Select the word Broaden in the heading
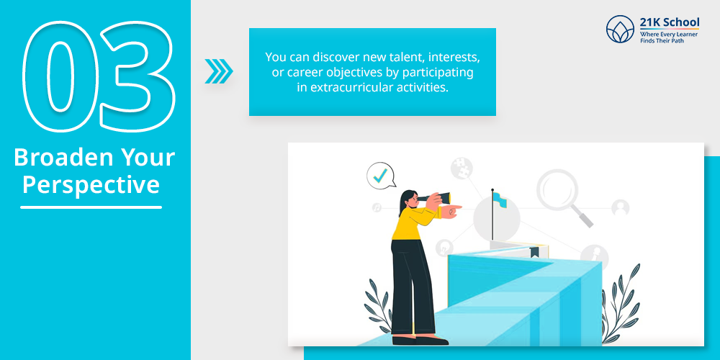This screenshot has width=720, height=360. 57,158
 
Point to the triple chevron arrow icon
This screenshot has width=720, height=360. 219,71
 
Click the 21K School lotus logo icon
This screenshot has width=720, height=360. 620,29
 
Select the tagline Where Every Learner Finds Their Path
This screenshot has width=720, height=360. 670,37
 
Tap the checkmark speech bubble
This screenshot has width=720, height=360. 381,176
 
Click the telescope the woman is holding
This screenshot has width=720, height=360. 434,197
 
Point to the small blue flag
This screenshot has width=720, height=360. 500,199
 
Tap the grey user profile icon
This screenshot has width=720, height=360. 621,208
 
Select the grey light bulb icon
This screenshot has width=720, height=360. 444,248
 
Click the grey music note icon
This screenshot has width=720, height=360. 377,207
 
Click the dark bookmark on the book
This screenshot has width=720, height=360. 534,252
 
